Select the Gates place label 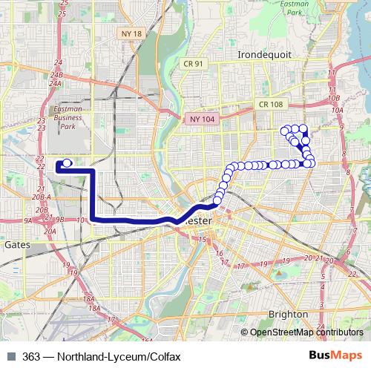point(16,243)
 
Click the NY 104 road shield point(200,118)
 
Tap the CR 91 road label point(194,65)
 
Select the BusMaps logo point(339,356)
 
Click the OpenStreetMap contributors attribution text point(306,333)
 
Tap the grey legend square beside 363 point(10,356)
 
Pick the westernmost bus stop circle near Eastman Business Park point(68,162)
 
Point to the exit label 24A point(54,84)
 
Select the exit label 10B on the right point(334,97)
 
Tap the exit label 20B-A point(42,197)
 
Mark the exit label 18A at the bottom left point(93,308)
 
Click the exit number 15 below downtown point(200,240)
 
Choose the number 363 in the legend point(31,356)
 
